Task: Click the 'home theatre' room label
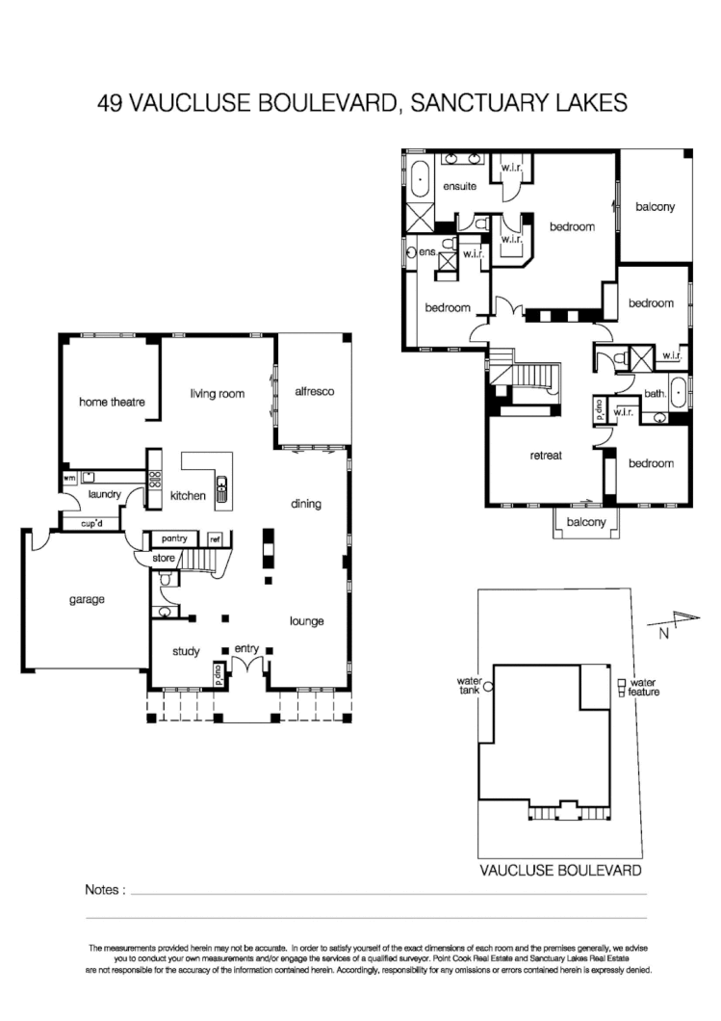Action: [111, 402]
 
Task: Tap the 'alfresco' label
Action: [313, 392]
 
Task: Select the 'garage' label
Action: [86, 598]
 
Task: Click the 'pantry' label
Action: [174, 538]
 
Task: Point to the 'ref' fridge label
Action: [215, 539]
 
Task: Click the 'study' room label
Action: [186, 652]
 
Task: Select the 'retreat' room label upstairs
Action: [545, 455]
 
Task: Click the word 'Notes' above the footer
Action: [105, 890]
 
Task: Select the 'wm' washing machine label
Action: [69, 478]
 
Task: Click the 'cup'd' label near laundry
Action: [93, 523]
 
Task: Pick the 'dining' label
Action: [306, 504]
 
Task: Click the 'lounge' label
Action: [306, 621]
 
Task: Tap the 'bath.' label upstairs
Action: [655, 393]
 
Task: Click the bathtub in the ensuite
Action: [421, 180]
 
